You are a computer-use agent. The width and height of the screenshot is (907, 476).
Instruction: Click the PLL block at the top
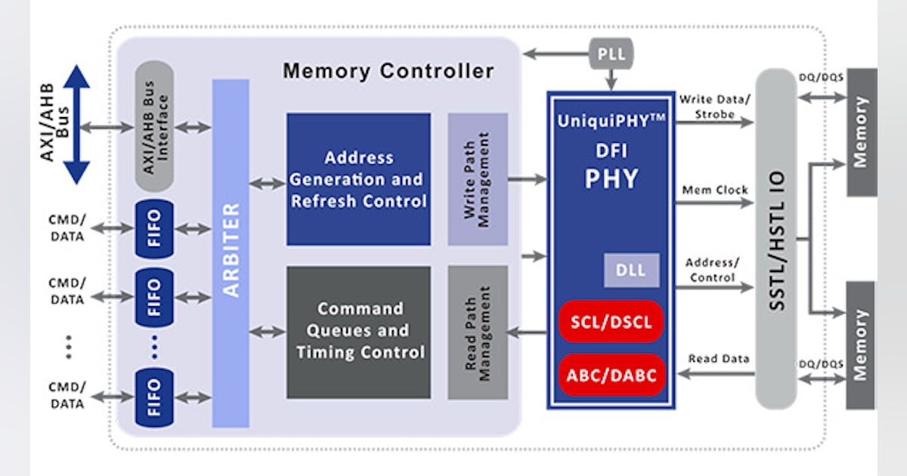tap(611, 54)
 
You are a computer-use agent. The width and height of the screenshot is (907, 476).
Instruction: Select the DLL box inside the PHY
tap(631, 270)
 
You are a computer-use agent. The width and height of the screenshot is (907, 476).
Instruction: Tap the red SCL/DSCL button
tap(611, 322)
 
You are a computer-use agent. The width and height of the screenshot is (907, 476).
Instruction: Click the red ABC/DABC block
tap(611, 373)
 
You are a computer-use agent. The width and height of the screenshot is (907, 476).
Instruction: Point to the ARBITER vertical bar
tap(231, 253)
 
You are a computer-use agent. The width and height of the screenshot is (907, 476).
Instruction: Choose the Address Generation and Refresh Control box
tap(358, 179)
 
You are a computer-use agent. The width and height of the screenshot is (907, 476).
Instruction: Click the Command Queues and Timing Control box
tap(358, 332)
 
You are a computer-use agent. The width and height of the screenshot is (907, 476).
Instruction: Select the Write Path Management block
tap(477, 179)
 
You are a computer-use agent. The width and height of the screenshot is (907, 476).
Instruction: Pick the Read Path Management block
tap(477, 332)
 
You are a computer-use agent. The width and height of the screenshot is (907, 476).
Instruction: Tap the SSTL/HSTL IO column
tap(776, 238)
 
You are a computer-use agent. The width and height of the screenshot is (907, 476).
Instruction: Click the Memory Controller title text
tap(388, 72)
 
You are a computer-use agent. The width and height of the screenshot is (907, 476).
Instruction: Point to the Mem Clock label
tap(714, 190)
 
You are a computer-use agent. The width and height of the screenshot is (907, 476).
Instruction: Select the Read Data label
tap(719, 359)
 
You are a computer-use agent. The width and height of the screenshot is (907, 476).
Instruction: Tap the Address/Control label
tap(712, 270)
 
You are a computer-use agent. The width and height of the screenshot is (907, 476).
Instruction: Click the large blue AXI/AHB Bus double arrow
tap(76, 125)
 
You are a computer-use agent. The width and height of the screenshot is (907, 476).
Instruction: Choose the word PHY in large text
tap(611, 179)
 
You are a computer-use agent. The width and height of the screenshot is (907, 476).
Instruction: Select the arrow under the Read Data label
tap(714, 372)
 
